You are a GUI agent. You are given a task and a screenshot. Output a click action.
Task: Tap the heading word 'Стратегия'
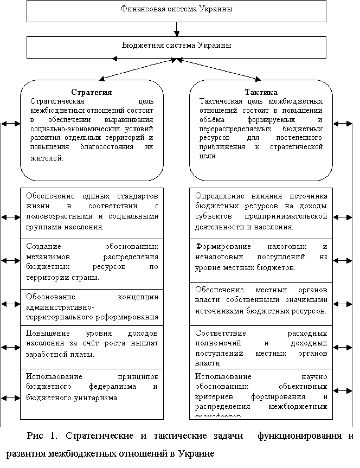tap(92, 92)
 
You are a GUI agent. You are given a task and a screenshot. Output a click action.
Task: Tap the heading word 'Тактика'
tap(261, 92)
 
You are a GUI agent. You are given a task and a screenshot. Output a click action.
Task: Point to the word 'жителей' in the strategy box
tap(47, 158)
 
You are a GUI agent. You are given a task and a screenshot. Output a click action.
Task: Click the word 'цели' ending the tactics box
tap(208, 156)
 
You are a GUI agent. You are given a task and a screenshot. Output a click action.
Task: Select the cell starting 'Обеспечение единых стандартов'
tap(92, 212)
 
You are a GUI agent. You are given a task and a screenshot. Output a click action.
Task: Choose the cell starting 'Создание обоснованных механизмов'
tap(92, 262)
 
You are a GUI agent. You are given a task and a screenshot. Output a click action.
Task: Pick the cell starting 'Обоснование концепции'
tap(92, 307)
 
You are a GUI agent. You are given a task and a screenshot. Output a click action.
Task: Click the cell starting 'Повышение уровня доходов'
tap(92, 344)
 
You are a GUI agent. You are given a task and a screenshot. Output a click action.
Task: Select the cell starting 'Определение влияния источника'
tap(261, 212)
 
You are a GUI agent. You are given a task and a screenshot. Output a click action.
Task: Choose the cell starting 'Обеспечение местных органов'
tap(261, 300)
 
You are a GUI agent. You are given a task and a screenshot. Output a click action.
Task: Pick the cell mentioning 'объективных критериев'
tap(261, 394)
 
